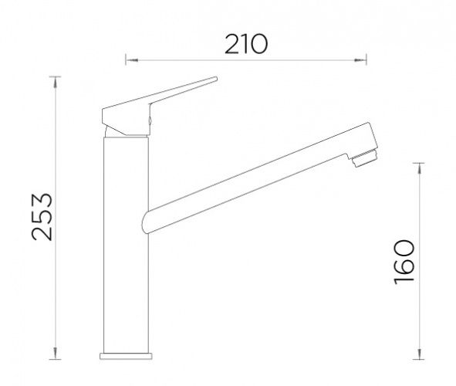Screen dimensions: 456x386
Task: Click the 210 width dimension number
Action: [x=246, y=44]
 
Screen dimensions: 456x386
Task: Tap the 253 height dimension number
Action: [x=42, y=217]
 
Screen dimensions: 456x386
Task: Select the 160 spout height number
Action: [x=404, y=262]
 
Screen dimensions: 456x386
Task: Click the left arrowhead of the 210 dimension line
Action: [x=131, y=60]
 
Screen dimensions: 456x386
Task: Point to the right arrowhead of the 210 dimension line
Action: [x=360, y=60]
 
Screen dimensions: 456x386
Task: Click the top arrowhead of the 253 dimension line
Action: [x=56, y=83]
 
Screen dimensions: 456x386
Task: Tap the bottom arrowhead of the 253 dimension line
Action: [x=56, y=353]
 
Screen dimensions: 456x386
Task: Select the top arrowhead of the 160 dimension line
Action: [x=419, y=169]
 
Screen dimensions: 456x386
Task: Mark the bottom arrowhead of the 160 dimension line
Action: [x=419, y=353]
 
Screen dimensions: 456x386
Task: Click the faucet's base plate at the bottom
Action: [x=126, y=356]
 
